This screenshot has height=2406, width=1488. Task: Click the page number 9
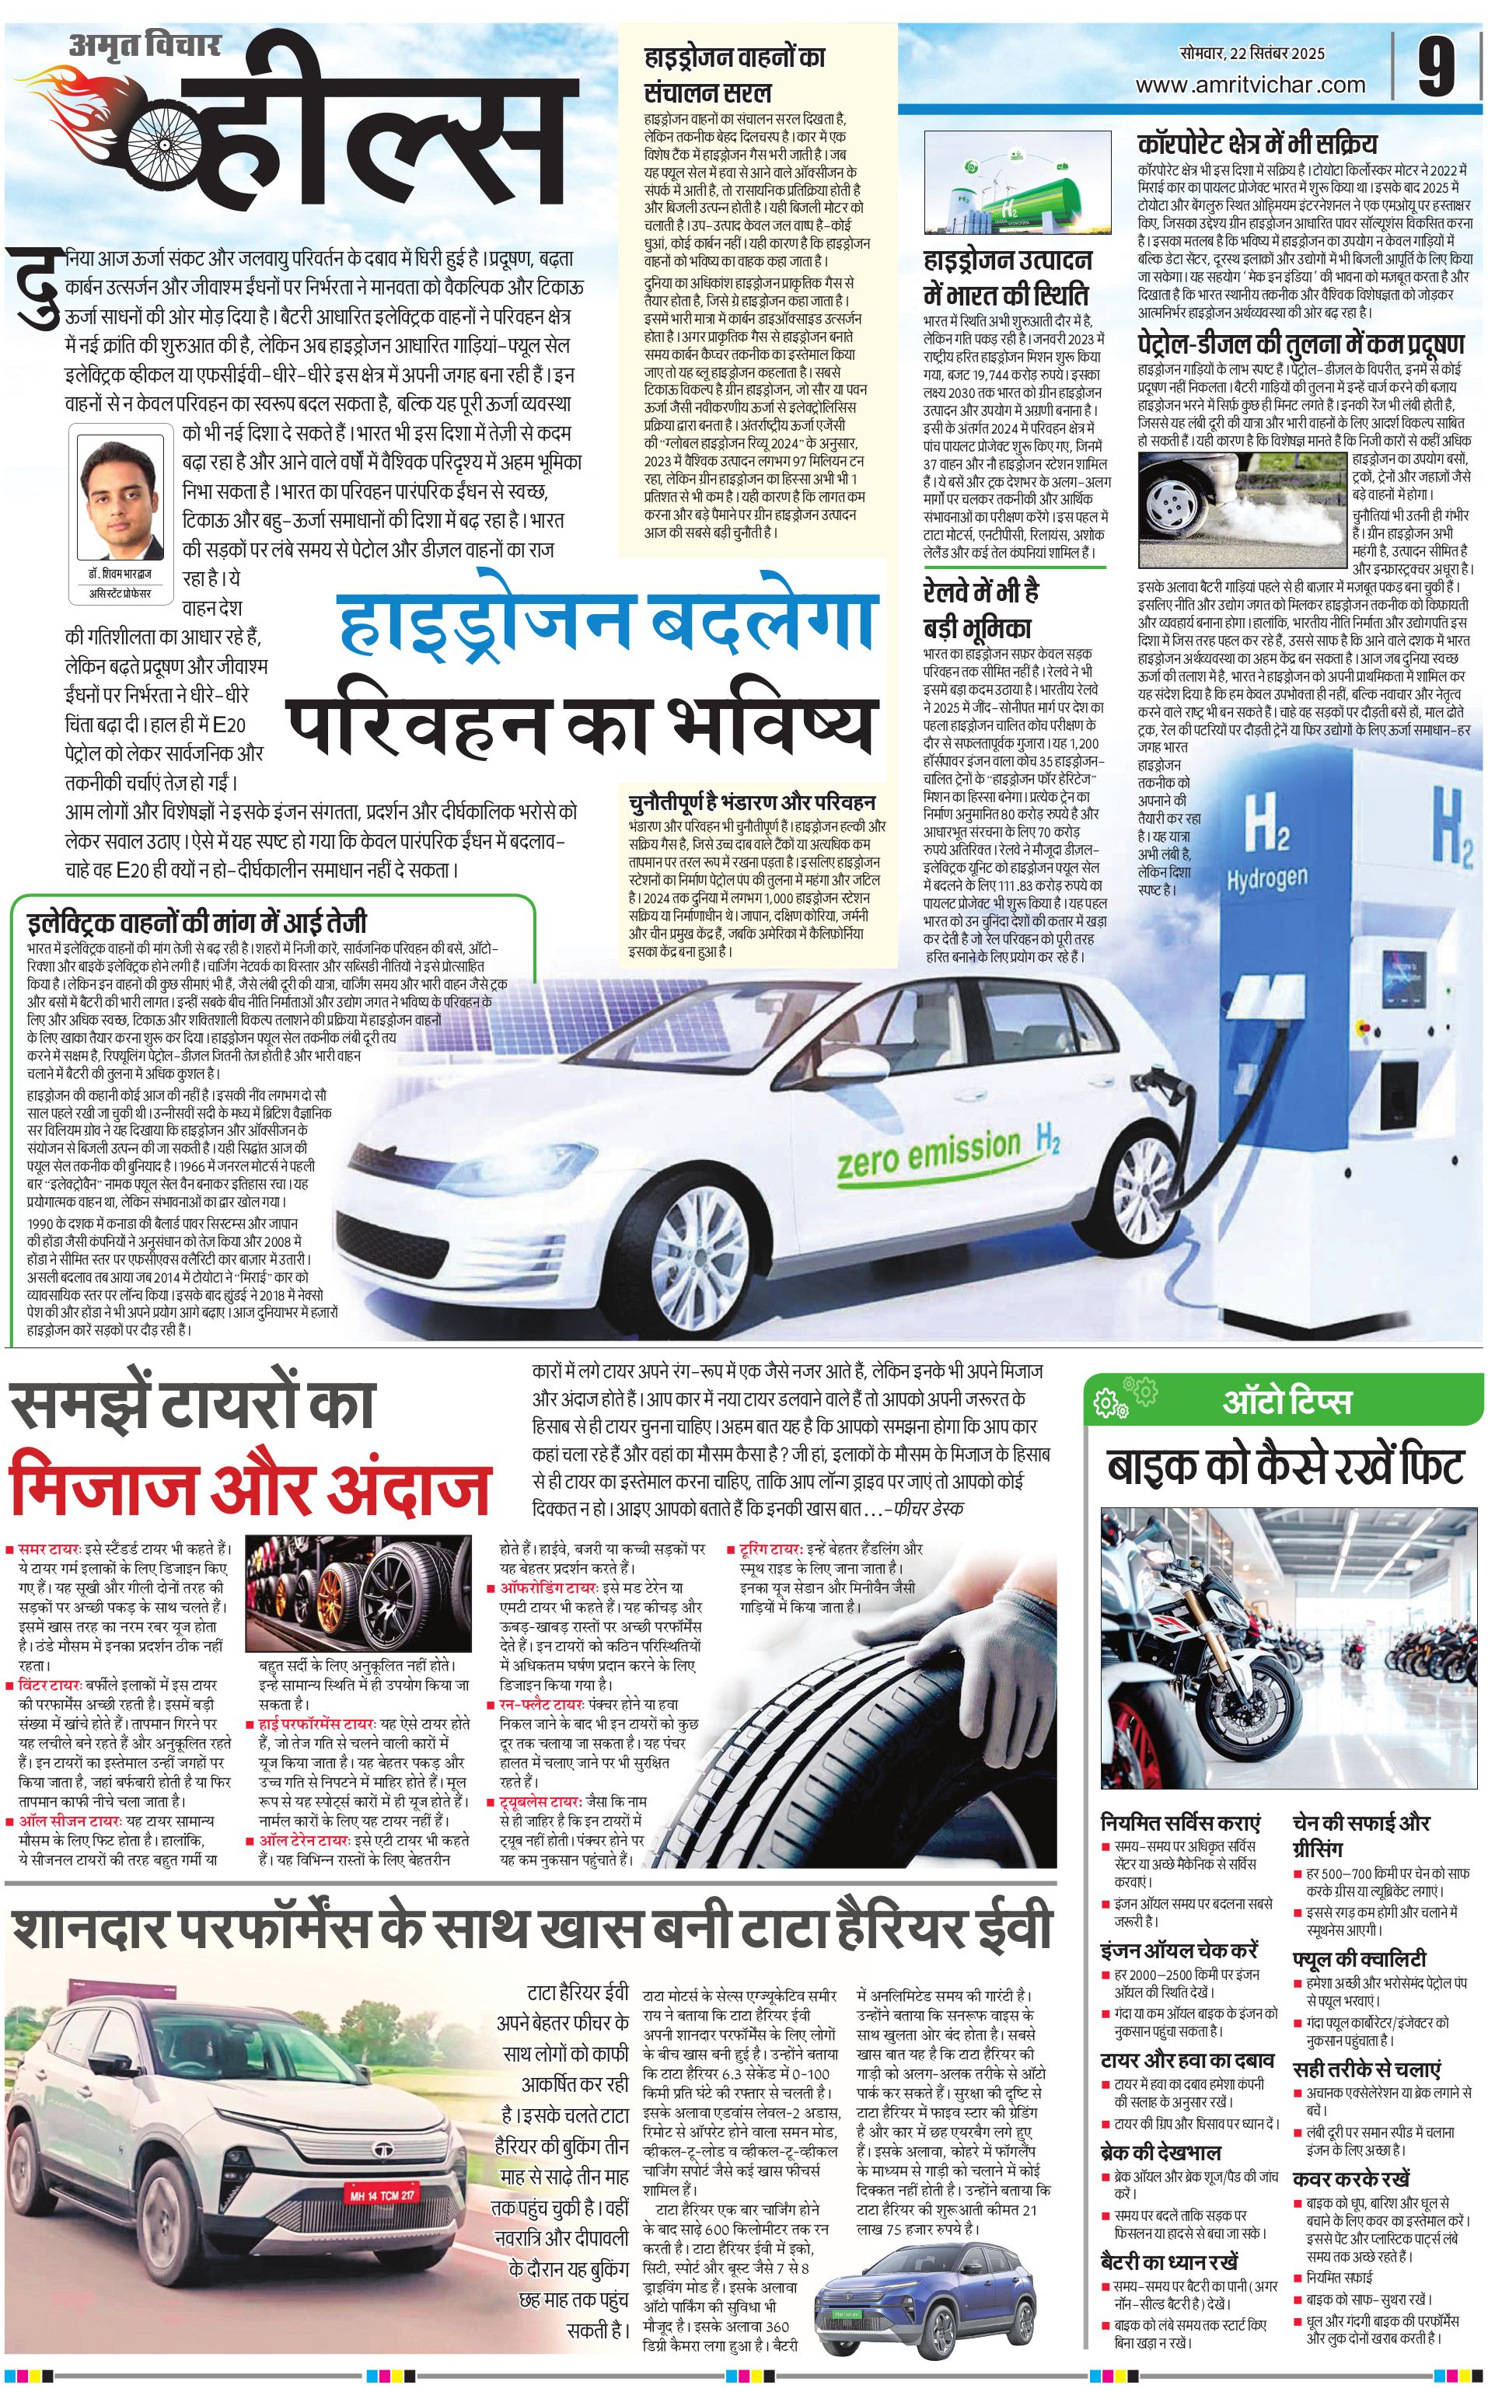pos(1436,66)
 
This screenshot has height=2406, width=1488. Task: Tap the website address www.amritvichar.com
pos(1250,85)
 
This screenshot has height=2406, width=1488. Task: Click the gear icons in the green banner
pos(1126,1398)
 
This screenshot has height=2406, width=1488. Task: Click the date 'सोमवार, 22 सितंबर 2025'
pos(1252,53)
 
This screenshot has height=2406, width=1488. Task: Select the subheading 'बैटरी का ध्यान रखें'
pos(1169,2261)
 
